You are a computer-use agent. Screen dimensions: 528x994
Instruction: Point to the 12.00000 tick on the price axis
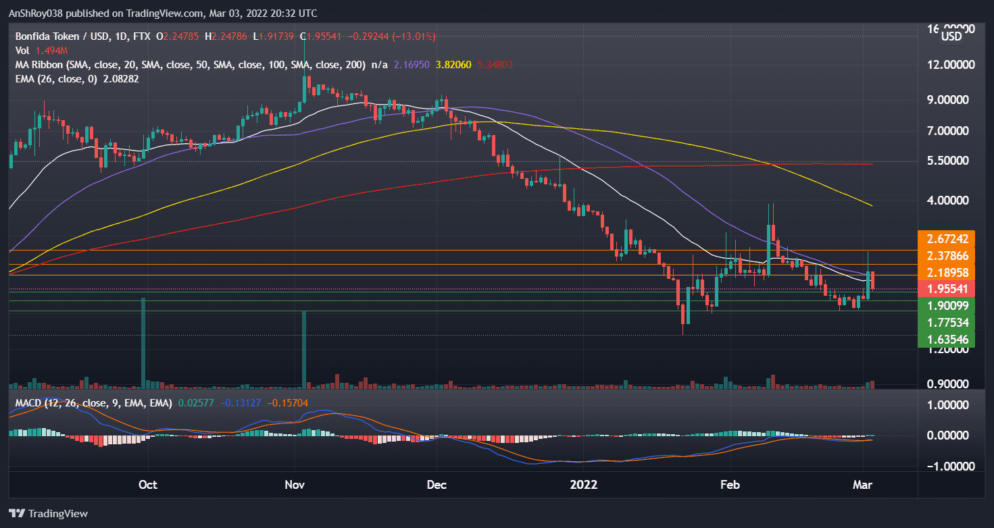point(951,65)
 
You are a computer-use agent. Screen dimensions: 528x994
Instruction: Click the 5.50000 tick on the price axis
point(951,161)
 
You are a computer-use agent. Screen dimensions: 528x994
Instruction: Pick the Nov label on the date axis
point(295,484)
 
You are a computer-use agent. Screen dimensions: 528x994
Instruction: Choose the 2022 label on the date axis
point(583,484)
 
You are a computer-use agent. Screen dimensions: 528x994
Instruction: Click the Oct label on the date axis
point(147,484)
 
